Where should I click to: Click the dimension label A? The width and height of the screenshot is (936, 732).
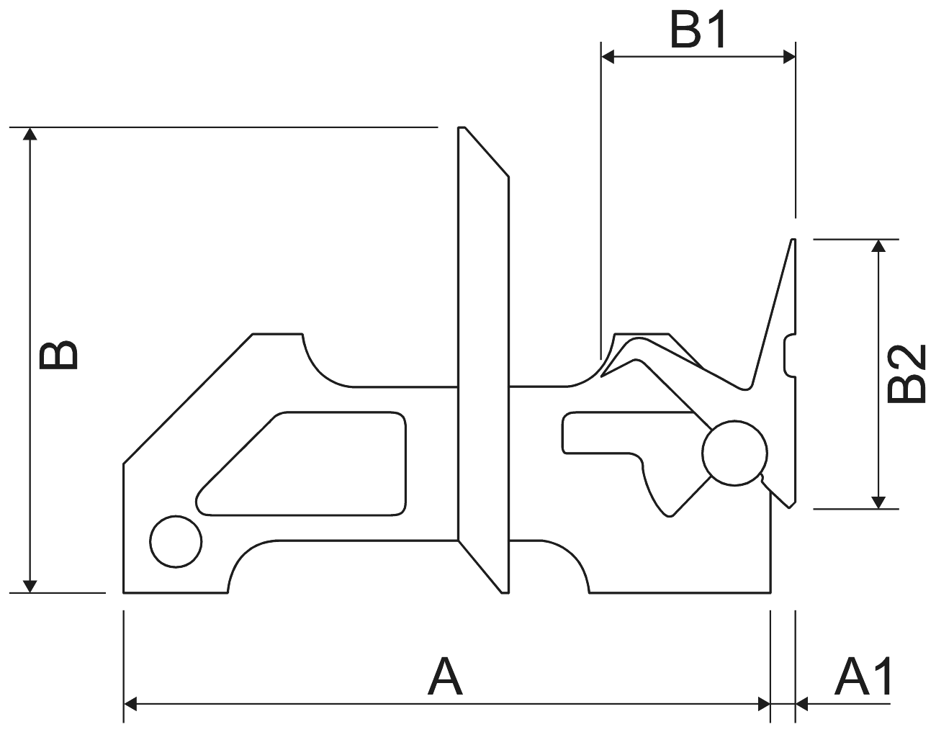click(445, 677)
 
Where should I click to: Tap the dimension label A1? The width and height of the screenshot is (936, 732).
click(863, 677)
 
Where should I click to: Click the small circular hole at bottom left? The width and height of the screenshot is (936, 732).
click(176, 541)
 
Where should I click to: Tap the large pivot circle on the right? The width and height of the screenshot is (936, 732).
click(734, 452)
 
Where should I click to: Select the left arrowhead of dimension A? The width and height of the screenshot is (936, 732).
click(131, 703)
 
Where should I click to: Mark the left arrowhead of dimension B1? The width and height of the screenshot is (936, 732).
click(608, 56)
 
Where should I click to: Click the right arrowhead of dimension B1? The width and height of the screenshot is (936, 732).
click(788, 56)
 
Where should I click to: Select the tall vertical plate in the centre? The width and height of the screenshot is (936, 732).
click(483, 360)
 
